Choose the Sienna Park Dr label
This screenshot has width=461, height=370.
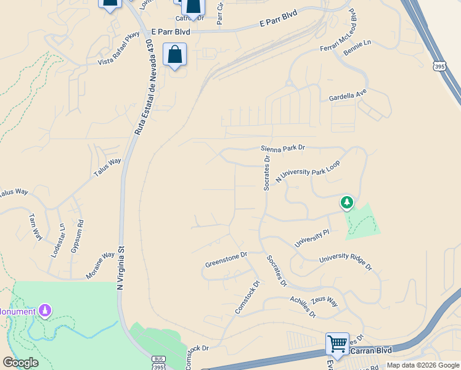[x=283, y=148]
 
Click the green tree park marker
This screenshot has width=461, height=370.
[x=347, y=203]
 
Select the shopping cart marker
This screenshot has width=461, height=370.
[x=337, y=343]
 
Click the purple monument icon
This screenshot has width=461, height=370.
[x=44, y=310]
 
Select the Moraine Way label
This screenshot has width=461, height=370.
[x=100, y=266]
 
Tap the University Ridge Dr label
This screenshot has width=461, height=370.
[x=346, y=261]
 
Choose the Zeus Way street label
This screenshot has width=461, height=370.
[x=324, y=300]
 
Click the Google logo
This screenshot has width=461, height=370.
[x=20, y=363]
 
